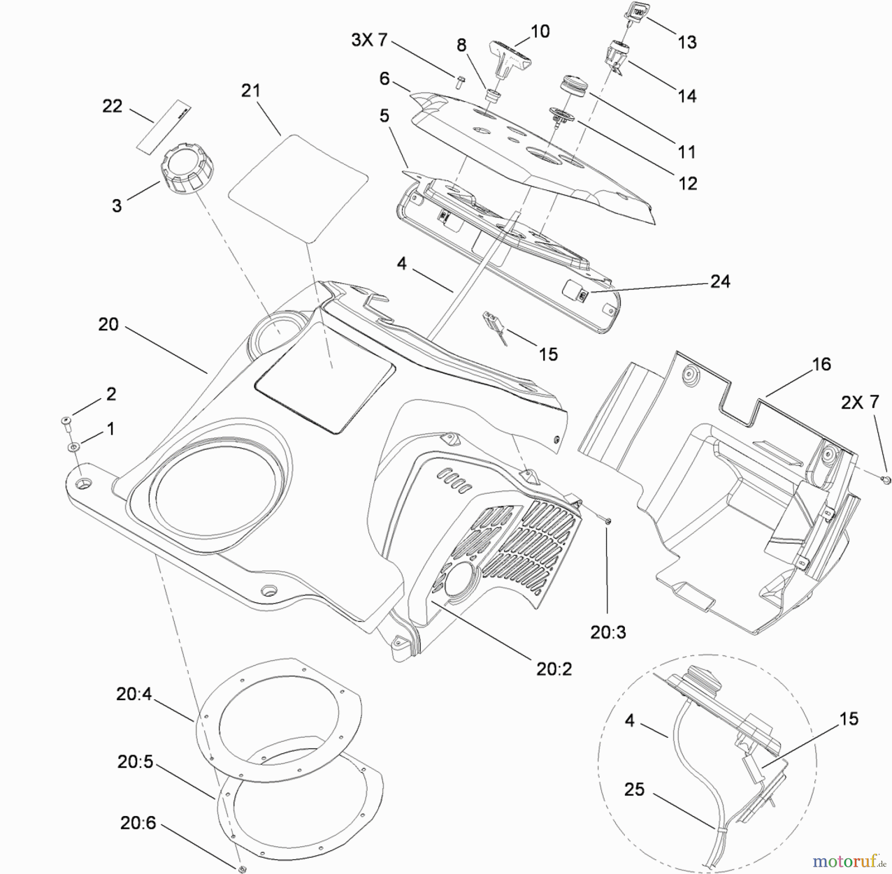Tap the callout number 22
pos(112,106)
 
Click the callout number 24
pos(720,281)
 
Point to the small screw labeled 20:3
pos(607,520)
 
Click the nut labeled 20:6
pos(242,869)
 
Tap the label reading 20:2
pos(554,669)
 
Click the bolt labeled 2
pos(65,421)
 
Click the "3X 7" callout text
pos(369,40)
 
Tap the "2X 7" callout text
pos(860,402)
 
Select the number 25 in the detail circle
pos(634,789)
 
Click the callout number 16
pos(821,364)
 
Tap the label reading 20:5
pos(135,762)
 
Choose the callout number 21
pos(251,91)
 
